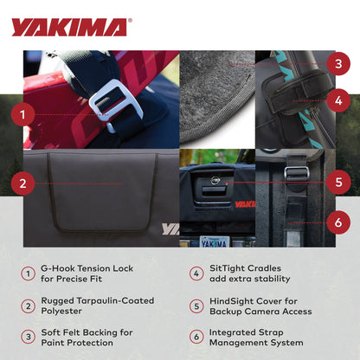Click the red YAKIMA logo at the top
69,27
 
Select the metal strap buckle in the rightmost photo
297,172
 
